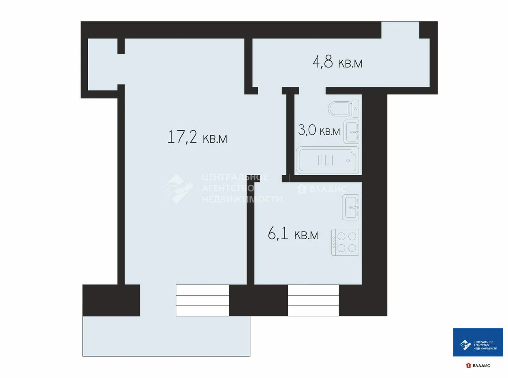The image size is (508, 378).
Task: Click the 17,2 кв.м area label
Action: click(x=197, y=137)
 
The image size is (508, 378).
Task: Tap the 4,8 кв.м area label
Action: click(x=337, y=62)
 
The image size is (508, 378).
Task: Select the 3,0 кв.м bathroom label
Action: click(x=319, y=130)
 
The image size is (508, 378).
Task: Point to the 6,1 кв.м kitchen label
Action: click(x=293, y=234)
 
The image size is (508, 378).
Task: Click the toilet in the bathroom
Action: click(x=343, y=108)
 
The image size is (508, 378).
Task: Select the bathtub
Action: click(x=327, y=160)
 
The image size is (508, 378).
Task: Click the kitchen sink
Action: click(x=351, y=207)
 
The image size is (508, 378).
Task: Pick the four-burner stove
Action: click(x=345, y=242)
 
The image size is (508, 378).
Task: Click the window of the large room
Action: click(x=202, y=300)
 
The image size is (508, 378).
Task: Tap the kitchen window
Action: click(x=314, y=300)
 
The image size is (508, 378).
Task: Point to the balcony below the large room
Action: click(x=166, y=336)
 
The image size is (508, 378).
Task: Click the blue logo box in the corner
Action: click(x=478, y=342)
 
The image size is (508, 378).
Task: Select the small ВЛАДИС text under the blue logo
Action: click(x=481, y=366)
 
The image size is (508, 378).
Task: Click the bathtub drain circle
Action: click(x=348, y=160)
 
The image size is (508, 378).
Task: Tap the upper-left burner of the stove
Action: click(x=341, y=237)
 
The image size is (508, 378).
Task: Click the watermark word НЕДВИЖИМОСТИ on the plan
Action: click(x=242, y=199)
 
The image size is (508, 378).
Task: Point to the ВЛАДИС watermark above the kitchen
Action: click(x=327, y=189)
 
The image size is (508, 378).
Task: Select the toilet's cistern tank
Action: click(x=355, y=108)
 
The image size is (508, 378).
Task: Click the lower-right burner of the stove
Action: click(x=352, y=248)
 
